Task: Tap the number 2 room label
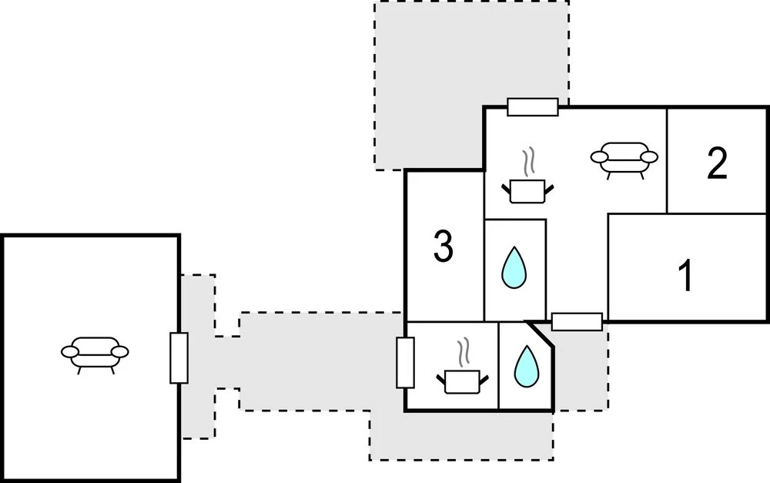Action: tap(716, 163)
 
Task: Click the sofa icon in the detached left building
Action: tap(94, 354)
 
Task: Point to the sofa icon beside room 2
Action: tap(624, 157)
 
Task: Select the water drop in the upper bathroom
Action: tap(514, 267)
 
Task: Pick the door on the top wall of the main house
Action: tap(533, 107)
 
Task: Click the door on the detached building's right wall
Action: tap(179, 357)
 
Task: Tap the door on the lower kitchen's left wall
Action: tap(405, 362)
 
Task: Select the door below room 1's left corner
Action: tap(577, 321)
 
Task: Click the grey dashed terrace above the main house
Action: tap(431, 77)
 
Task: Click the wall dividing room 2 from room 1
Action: tap(716, 213)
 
